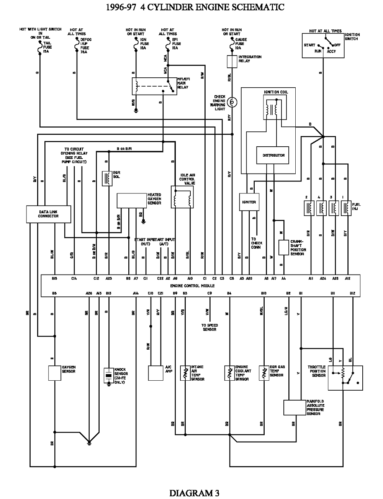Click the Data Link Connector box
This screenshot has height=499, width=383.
coord(48,214)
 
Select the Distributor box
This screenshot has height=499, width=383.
coord(273,155)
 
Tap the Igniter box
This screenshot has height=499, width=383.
coord(249,202)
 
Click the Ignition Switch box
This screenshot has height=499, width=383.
coord(323,45)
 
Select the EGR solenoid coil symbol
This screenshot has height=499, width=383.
coord(107,178)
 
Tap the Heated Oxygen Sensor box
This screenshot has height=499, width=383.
coord(132,200)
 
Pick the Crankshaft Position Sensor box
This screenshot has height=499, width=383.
coord(283,248)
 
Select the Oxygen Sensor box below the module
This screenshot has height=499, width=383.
coord(55,373)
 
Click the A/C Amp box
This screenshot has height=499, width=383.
coord(156,373)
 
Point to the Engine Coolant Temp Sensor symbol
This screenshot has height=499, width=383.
coord(229,373)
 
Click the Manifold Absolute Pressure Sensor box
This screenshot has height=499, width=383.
coord(295,407)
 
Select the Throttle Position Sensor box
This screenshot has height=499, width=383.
coord(347,378)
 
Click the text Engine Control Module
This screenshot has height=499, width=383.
coord(192,286)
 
